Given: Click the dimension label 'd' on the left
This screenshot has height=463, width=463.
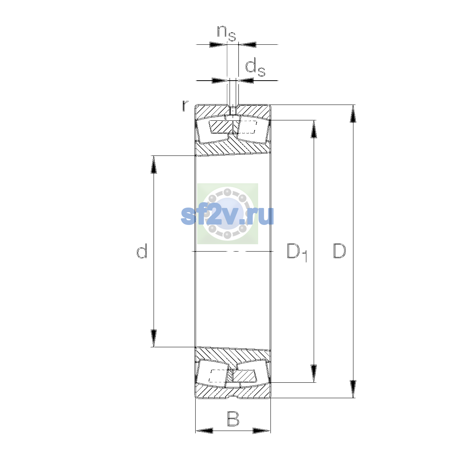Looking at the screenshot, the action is click(x=142, y=251).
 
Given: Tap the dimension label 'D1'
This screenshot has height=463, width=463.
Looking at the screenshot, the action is click(x=297, y=252).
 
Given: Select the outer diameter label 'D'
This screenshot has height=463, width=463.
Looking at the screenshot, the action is click(x=340, y=251).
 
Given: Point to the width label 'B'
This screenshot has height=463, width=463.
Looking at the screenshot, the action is click(x=233, y=419).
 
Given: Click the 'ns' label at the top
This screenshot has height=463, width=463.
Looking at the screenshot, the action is click(x=226, y=34).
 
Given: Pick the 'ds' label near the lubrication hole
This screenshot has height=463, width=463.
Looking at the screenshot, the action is click(x=255, y=69).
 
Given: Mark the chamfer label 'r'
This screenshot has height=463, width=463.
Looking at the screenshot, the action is click(x=185, y=106).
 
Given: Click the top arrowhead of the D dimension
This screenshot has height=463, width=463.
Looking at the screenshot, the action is click(x=353, y=114).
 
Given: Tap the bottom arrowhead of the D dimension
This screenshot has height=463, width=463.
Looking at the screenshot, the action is click(x=353, y=389).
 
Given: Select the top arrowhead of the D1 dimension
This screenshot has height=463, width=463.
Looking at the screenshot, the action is click(x=314, y=129).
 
